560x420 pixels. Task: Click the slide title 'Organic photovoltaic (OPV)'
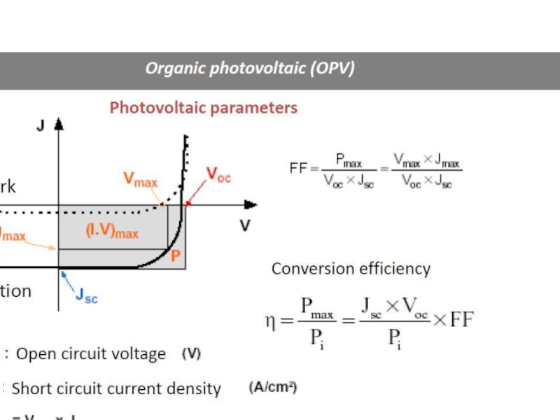click(x=250, y=69)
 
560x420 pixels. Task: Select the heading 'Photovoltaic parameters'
click(x=203, y=108)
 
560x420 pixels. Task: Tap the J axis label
click(x=40, y=126)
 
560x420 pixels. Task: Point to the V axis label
click(x=245, y=226)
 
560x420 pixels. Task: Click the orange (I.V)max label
click(x=112, y=231)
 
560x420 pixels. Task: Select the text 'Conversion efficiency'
click(x=351, y=269)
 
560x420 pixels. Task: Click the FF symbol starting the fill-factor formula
click(x=298, y=168)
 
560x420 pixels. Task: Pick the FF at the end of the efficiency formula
click(x=462, y=321)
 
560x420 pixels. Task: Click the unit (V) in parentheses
click(x=191, y=354)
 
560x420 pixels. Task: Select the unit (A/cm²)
click(x=273, y=387)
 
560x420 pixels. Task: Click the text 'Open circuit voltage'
click(x=91, y=354)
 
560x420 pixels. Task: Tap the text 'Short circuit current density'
click(x=116, y=388)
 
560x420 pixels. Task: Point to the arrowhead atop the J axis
click(x=59, y=123)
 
